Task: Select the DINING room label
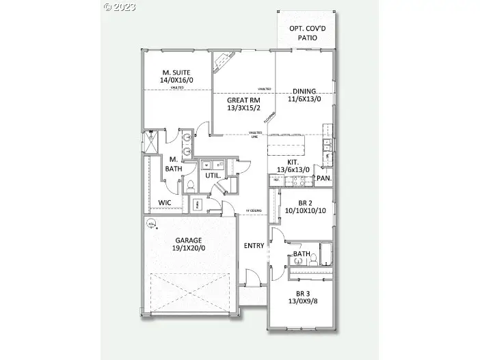[304, 91]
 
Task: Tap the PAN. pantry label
[324, 179]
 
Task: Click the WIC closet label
[165, 203]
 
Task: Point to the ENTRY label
[254, 245]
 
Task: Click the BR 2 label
[306, 203]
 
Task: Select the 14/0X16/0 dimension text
[176, 80]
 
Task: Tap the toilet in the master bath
[191, 186]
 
